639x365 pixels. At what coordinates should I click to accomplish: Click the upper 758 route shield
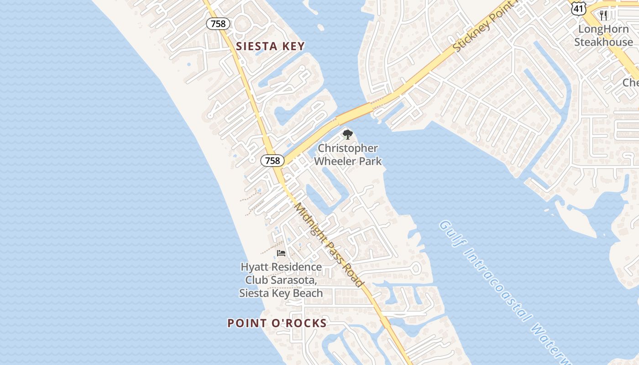[x=218, y=24]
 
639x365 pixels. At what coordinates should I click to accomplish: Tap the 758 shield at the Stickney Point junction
[x=272, y=160]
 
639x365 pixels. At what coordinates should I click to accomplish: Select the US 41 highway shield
[x=578, y=7]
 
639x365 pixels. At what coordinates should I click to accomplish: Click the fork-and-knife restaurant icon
[x=603, y=16]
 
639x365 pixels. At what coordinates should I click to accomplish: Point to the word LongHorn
[x=603, y=29]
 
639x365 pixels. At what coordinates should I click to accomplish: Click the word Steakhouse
[x=603, y=42]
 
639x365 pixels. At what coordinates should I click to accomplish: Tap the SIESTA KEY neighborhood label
[x=270, y=46]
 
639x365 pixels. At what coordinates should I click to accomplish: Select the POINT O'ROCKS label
[x=277, y=323]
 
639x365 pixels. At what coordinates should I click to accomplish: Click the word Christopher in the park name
[x=348, y=148]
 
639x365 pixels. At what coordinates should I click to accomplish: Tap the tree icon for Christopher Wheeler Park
[x=348, y=135]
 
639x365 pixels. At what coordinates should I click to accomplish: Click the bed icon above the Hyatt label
[x=281, y=253]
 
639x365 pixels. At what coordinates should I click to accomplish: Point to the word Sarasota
[x=298, y=280]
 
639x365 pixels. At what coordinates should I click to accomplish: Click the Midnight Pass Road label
[x=329, y=245]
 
